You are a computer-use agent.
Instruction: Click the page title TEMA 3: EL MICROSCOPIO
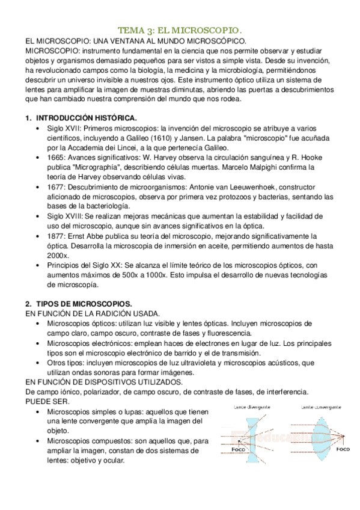(180, 29)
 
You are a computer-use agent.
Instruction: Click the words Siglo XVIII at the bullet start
(69, 216)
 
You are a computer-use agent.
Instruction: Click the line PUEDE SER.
(47, 401)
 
